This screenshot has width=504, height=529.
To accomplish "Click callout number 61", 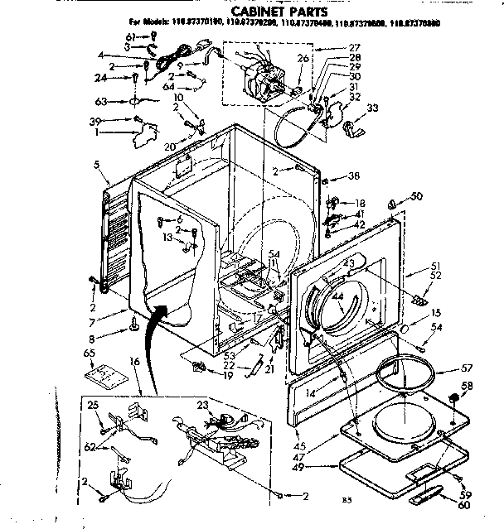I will [131, 36].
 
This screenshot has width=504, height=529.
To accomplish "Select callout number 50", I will [416, 195].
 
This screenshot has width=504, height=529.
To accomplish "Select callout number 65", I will [89, 353].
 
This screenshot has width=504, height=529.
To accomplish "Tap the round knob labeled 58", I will [454, 402].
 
